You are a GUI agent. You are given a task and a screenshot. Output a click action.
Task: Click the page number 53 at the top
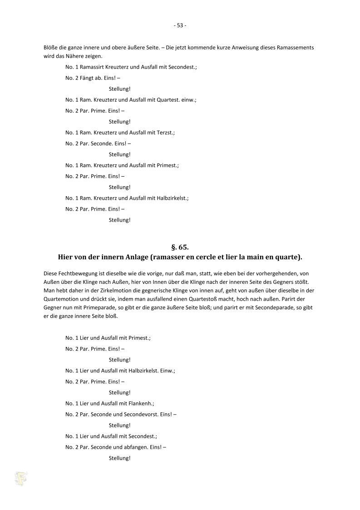tap(180, 25)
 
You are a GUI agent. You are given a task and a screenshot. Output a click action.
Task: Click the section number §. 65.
tap(180, 248)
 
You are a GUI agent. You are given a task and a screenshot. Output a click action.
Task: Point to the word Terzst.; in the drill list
tap(165, 132)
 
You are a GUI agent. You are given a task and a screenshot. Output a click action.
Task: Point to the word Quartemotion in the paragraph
tap(60, 299)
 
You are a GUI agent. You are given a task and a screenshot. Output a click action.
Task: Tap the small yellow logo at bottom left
tap(21, 478)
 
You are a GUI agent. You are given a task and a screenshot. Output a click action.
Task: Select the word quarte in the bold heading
tap(289, 257)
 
